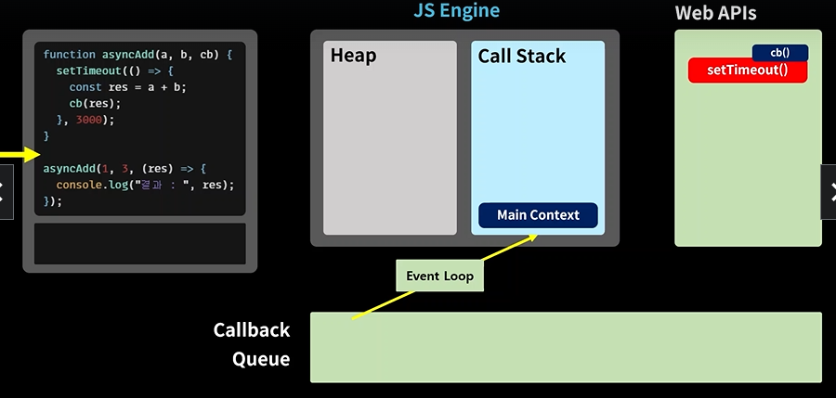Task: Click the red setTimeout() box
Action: tap(748, 71)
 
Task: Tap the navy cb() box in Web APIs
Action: tap(780, 53)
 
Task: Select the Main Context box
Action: tap(538, 215)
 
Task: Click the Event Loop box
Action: tap(440, 276)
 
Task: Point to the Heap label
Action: tap(353, 56)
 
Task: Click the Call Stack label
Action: tap(521, 56)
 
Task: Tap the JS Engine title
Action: tap(457, 10)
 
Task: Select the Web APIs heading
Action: tap(715, 13)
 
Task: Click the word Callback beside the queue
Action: tap(252, 329)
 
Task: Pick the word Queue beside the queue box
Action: tap(261, 359)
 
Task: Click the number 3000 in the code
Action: tap(88, 120)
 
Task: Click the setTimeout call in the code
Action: tap(88, 71)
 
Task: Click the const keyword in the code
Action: tap(85, 87)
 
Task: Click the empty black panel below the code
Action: tap(139, 243)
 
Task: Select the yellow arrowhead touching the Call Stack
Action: tap(530, 238)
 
